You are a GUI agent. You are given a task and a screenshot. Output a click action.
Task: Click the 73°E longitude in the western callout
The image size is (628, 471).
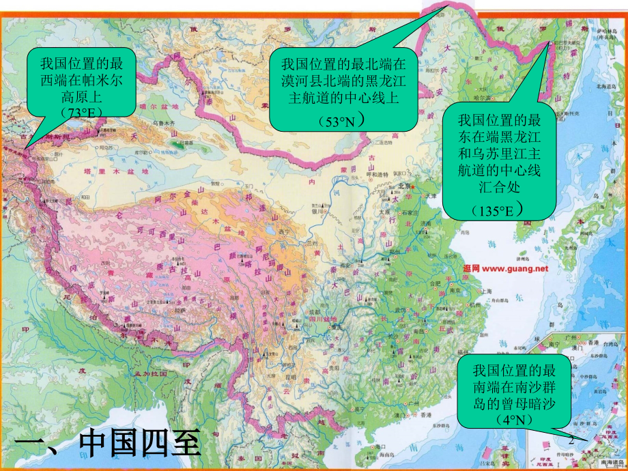81,111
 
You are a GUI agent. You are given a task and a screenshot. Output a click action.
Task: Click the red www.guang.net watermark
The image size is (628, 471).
504,268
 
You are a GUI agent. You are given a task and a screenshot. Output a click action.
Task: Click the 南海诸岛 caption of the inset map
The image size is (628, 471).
605,461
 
